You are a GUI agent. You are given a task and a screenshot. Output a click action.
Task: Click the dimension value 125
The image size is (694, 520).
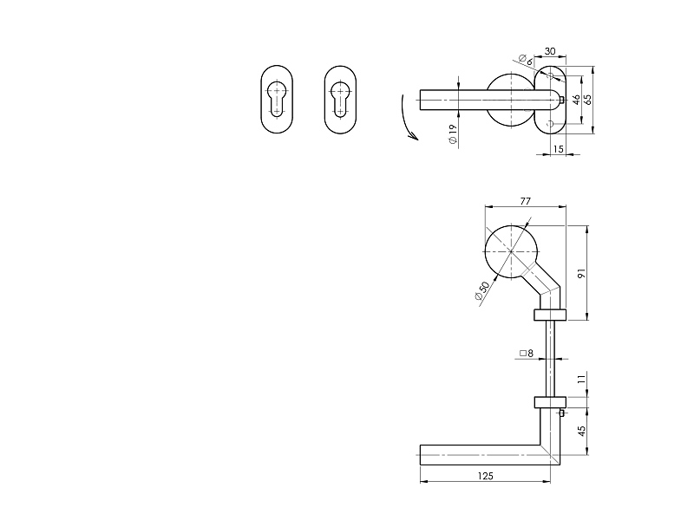click(486, 476)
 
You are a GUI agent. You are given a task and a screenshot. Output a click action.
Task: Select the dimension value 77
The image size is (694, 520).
click(525, 201)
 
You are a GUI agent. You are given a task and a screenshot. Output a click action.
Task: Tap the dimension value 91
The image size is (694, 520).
click(581, 273)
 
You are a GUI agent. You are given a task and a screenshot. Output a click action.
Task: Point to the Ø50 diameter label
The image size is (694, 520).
click(482, 291)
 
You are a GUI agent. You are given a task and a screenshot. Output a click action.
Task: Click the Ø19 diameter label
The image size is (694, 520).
click(452, 134)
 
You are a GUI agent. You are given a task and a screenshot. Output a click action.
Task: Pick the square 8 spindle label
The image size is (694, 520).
click(527, 354)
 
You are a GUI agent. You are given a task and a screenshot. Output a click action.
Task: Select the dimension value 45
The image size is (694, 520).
click(581, 430)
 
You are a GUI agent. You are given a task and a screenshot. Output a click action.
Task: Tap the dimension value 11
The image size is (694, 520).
click(581, 379)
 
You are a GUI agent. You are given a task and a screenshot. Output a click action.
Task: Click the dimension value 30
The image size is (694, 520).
click(550, 51)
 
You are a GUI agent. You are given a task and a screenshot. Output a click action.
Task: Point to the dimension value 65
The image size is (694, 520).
click(588, 100)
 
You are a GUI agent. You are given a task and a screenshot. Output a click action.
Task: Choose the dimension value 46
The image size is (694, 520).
click(576, 100)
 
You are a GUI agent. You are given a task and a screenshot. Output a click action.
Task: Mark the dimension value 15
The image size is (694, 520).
click(559, 149)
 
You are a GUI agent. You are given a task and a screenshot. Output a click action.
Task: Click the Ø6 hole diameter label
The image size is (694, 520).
click(526, 60)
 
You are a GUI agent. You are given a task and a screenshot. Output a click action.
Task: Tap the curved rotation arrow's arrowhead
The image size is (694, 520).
click(414, 135)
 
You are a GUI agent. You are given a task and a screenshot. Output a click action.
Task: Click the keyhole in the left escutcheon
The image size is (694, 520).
click(277, 100)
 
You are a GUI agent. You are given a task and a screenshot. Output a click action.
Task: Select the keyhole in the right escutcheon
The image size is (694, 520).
click(340, 100)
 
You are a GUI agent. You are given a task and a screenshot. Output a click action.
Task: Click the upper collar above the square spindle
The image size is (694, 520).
click(550, 315)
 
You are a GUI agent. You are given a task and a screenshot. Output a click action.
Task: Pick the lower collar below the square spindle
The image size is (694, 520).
click(550, 402)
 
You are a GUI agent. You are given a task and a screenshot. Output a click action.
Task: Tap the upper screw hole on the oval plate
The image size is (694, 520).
click(551, 75)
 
